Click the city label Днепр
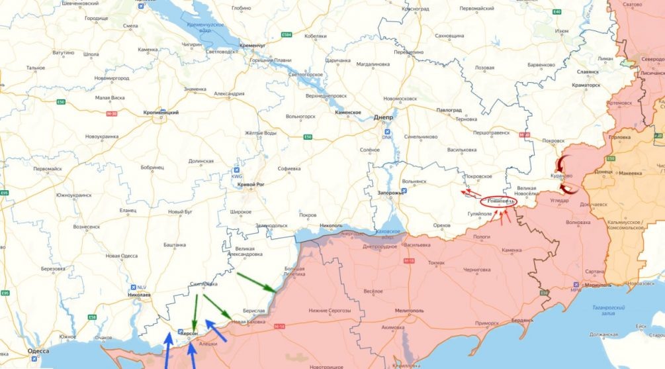384,117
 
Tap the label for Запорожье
390,192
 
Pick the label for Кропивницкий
161,113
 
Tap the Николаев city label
139,293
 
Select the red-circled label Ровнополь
496,200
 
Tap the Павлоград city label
449,110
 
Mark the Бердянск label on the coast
522,320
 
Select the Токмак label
437,262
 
